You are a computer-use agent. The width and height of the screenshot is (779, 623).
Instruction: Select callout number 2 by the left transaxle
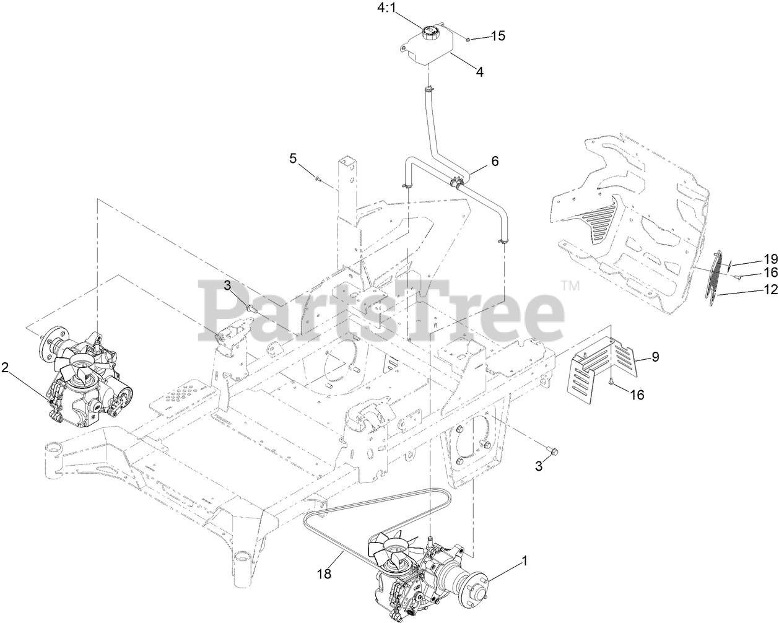tap(6, 368)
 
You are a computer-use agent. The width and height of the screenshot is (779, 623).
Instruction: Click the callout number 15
tap(498, 36)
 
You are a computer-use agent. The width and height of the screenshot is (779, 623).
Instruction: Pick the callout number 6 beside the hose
tap(495, 161)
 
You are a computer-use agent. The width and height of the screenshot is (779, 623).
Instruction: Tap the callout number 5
tap(293, 159)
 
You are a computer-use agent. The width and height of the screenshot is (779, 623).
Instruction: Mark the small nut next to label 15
tap(469, 39)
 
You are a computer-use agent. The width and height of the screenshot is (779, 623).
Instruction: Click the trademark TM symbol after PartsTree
tap(569, 285)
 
